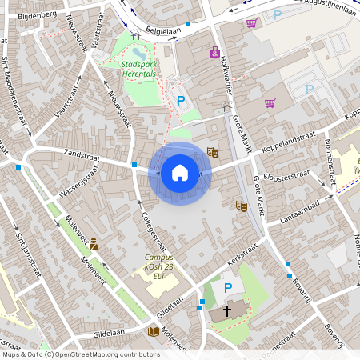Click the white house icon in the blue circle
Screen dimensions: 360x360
[180, 172]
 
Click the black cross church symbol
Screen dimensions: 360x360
[227, 310]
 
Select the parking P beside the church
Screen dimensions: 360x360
[227, 288]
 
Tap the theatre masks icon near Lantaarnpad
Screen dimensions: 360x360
[240, 206]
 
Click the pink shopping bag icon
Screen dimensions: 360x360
[214, 52]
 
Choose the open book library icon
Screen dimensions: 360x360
[152, 330]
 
